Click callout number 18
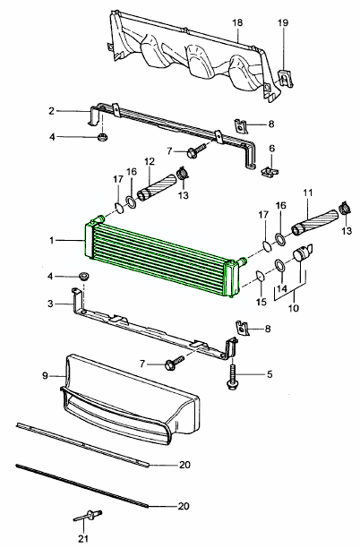237,23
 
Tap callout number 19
283,23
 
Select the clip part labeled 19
285,79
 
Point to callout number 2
52,111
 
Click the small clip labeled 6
270,171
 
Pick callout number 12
150,162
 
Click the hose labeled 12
156,188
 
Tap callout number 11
308,193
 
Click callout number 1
52,241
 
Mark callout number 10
294,308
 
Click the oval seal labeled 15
261,275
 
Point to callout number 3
51,304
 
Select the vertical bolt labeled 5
232,377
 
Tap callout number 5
270,374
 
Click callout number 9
45,376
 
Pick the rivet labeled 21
88,515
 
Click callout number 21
83,538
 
